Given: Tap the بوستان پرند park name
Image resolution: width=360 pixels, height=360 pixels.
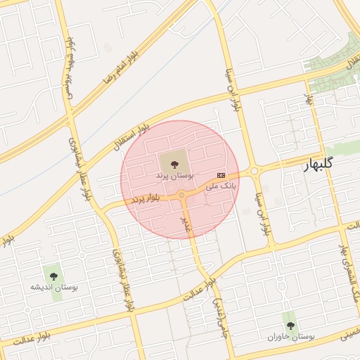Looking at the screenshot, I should pos(178,173).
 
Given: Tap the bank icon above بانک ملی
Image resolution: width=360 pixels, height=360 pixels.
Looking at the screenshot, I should pos(221,175).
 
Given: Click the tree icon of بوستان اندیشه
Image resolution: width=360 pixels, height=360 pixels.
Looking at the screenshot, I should pos(52,274).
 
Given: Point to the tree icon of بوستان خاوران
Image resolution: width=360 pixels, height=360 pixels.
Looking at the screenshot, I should pos(290,326).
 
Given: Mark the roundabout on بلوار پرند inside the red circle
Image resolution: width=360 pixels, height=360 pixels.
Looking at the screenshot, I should pos(181,195).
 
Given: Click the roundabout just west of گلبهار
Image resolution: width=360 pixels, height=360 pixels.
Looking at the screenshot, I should pos(255,170).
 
